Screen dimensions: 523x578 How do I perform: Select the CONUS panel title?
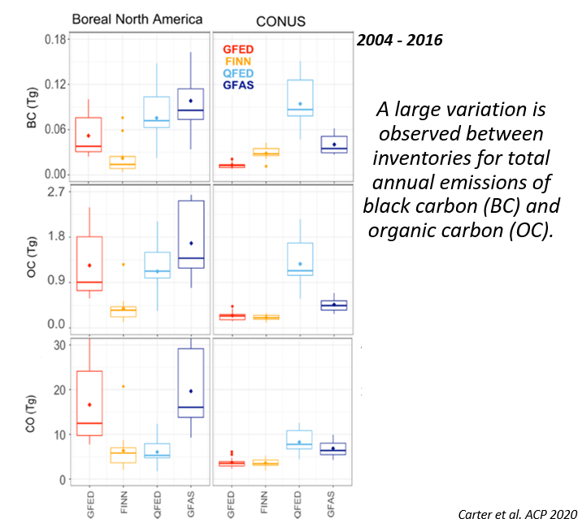pyautogui.click(x=281, y=20)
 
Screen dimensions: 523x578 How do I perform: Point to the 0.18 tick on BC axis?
pyautogui.click(x=54, y=39)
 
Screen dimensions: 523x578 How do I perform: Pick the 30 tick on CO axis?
pyautogui.click(x=58, y=345)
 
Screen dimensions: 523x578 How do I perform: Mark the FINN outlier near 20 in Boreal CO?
pyautogui.click(x=123, y=387)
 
